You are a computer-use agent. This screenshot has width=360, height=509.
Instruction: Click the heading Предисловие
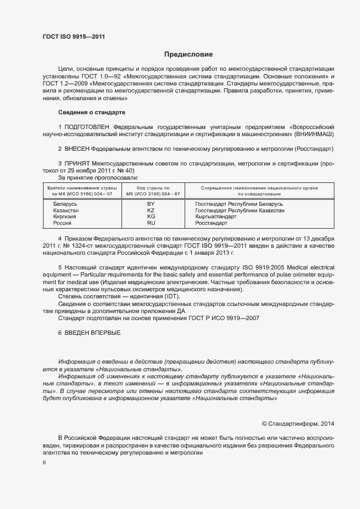click(x=188, y=54)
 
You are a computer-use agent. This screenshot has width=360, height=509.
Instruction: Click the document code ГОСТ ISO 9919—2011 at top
click(x=74, y=37)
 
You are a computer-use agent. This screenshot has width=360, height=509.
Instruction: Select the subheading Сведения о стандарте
click(x=91, y=112)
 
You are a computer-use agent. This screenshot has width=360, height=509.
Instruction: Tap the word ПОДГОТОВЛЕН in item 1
click(x=89, y=127)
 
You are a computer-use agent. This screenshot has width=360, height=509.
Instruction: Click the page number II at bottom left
click(x=44, y=462)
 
